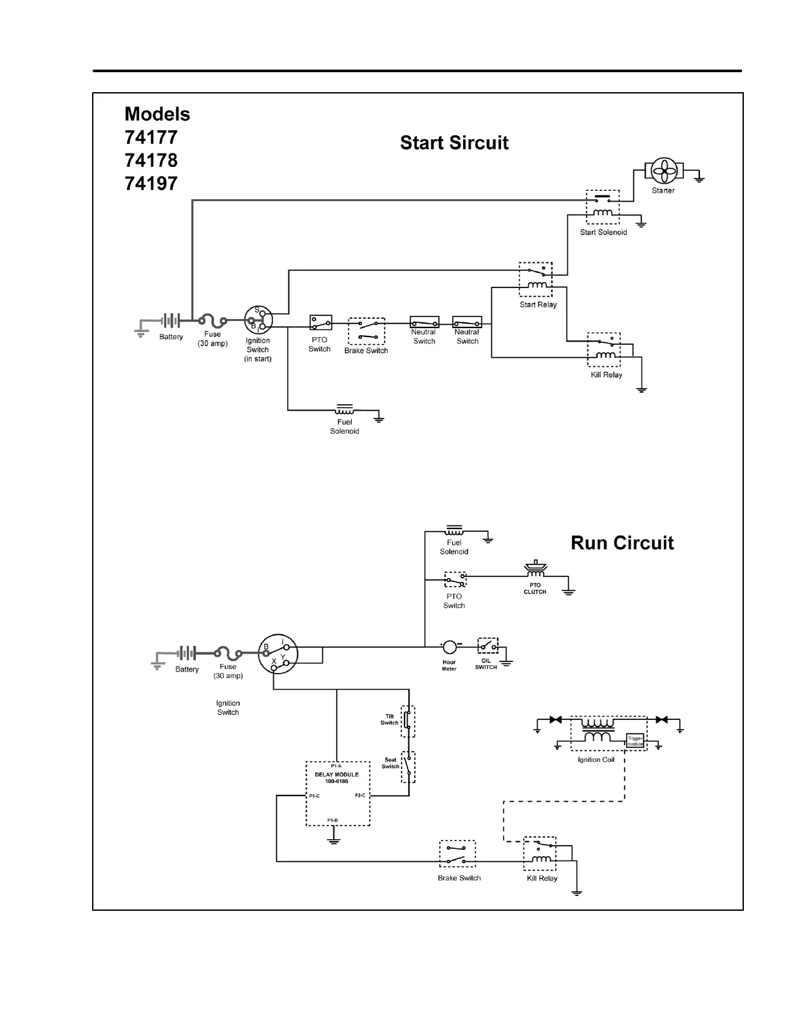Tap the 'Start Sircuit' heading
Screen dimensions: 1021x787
pyautogui.click(x=454, y=142)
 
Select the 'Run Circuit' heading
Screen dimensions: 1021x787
pyautogui.click(x=622, y=543)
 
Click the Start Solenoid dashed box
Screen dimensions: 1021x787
pyautogui.click(x=603, y=208)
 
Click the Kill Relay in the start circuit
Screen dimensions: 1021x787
pyautogui.click(x=604, y=350)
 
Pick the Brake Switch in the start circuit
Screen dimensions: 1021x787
pyautogui.click(x=366, y=331)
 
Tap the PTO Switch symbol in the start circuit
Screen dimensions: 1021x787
pyautogui.click(x=321, y=322)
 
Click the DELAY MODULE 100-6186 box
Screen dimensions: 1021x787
pyautogui.click(x=337, y=794)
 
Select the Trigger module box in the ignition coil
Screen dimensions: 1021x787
pyautogui.click(x=635, y=741)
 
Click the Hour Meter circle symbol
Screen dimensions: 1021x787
pyautogui.click(x=449, y=646)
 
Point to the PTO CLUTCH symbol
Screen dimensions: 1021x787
pyautogui.click(x=535, y=570)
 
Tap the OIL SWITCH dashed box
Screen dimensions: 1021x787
pyautogui.click(x=488, y=646)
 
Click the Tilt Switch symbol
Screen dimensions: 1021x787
pyautogui.click(x=408, y=721)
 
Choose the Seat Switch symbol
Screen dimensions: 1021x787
pyautogui.click(x=408, y=766)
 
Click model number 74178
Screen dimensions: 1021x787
pyautogui.click(x=151, y=160)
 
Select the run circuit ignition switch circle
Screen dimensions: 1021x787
pyautogui.click(x=278, y=654)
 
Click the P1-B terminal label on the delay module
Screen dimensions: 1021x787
pyautogui.click(x=332, y=820)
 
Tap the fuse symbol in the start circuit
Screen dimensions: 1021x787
pyautogui.click(x=212, y=320)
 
